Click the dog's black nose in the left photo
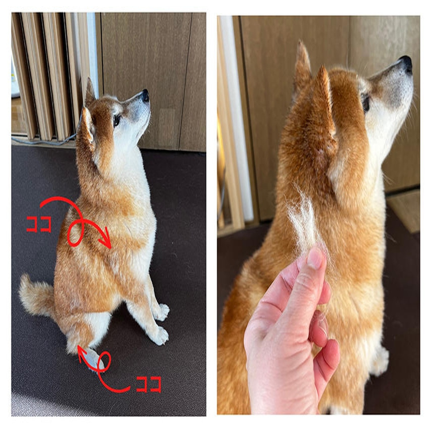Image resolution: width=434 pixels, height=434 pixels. coord(145,95)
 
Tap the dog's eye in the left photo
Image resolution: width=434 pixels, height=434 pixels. coord(117,119)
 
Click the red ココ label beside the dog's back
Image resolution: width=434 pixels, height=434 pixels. coord(39,224)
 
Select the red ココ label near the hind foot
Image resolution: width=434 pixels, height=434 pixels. coord(149,384)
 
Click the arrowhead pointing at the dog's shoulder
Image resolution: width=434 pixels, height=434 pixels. coord(107,244)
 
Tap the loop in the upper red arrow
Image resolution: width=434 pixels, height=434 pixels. coord(75,234)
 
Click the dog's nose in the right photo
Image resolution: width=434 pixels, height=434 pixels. coord(406,63)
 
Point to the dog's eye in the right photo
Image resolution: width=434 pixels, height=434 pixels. coord(366,102)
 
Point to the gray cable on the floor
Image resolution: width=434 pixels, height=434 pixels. coord(44,141)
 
